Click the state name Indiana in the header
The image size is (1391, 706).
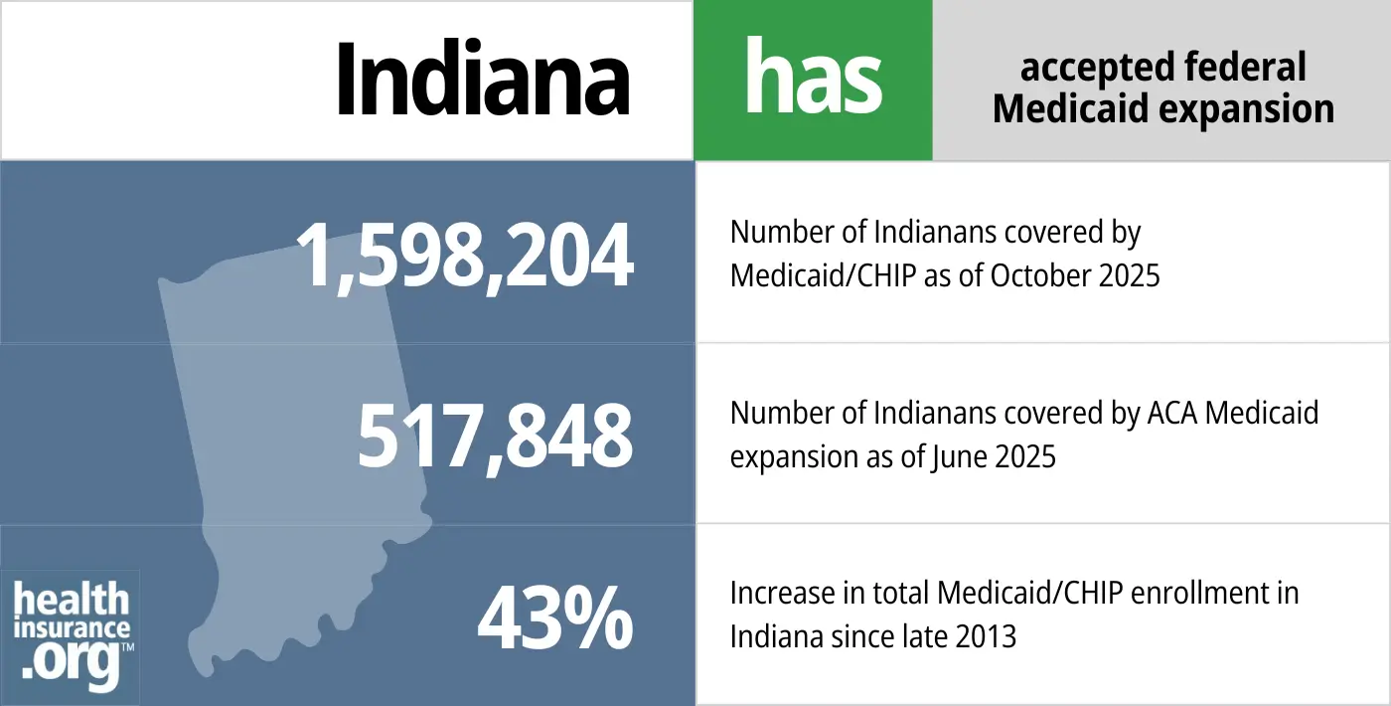[x=483, y=80]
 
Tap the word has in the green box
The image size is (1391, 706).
[x=813, y=80]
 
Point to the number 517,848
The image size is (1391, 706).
[x=495, y=436]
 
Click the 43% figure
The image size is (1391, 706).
[x=554, y=618]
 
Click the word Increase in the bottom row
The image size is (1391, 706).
[x=782, y=594]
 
